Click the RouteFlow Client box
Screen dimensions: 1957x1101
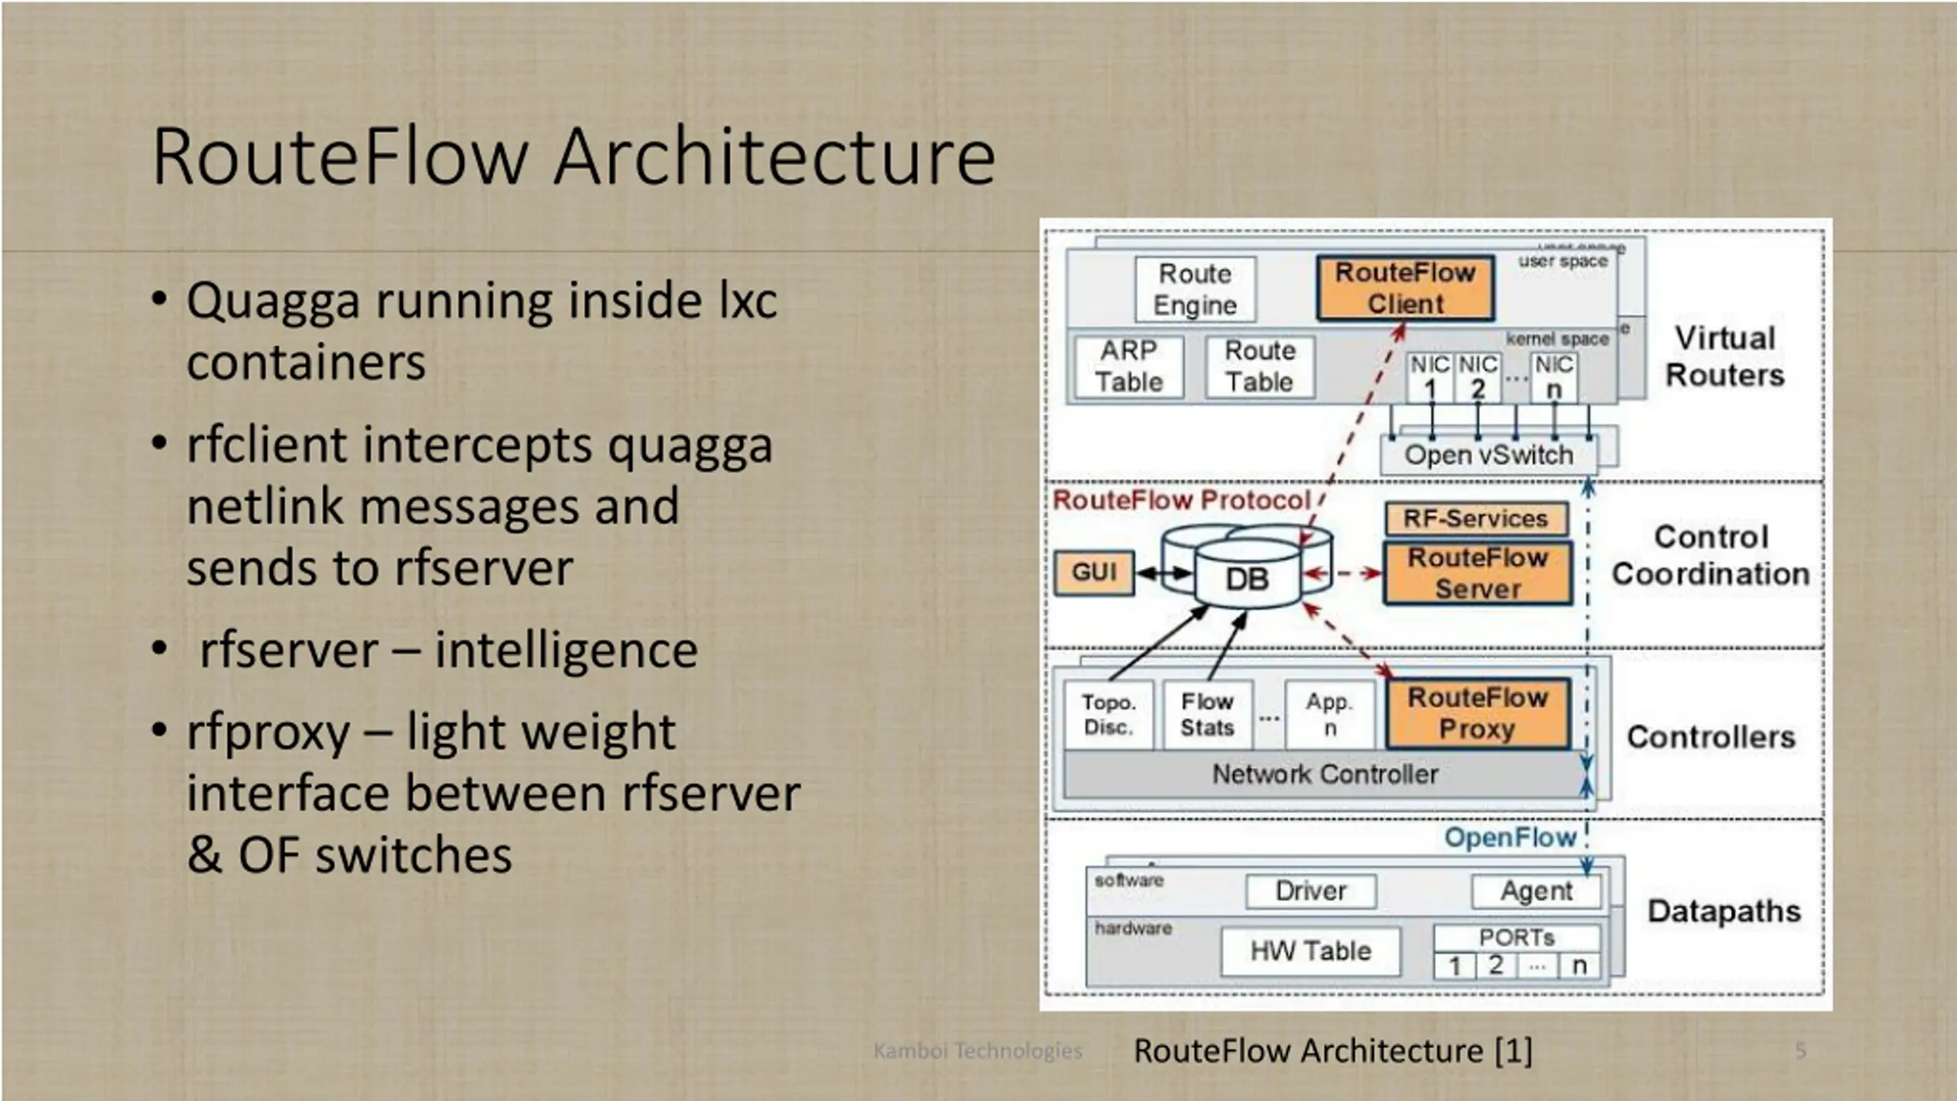click(1405, 288)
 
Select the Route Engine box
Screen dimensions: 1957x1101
click(1196, 289)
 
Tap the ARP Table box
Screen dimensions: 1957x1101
click(1129, 367)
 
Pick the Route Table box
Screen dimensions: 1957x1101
click(1261, 367)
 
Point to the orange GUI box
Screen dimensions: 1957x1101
click(1094, 572)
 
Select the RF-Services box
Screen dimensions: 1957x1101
click(1475, 518)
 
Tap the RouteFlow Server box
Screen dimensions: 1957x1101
click(1478, 573)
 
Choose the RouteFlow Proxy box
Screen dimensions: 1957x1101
click(1478, 713)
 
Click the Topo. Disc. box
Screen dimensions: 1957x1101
click(1108, 714)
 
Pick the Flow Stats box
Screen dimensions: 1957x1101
click(1208, 714)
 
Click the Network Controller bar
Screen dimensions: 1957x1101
click(1325, 775)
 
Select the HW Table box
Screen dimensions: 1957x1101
click(1310, 951)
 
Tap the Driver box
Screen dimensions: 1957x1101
click(1310, 892)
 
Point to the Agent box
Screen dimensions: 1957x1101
click(1536, 892)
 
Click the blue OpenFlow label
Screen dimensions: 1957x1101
click(1511, 838)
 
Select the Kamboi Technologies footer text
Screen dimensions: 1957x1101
click(978, 1051)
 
